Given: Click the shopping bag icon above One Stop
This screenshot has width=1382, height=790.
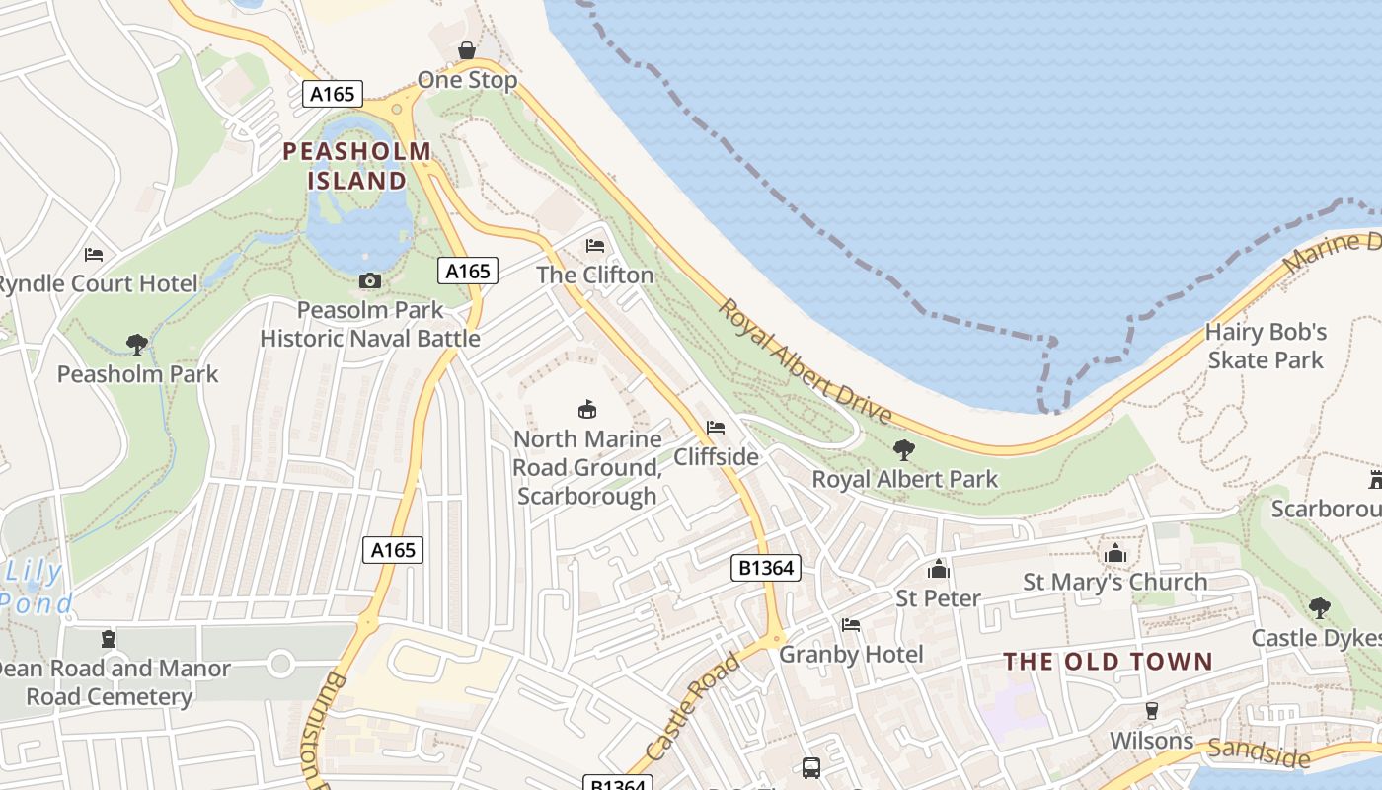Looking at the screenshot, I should (467, 50).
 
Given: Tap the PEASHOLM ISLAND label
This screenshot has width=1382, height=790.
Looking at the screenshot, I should (356, 166).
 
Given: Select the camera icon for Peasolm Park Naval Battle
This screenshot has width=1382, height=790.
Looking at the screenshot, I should (370, 281).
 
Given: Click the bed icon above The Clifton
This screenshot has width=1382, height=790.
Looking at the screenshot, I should (595, 245).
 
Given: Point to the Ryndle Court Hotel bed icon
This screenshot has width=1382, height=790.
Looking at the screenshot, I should (94, 255).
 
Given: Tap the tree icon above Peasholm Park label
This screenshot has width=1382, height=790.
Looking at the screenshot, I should (137, 345).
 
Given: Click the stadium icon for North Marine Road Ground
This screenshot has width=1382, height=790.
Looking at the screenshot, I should (587, 409).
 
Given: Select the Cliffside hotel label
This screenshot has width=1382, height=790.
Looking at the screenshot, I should (716, 456).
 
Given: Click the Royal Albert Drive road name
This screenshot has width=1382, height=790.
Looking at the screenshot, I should (804, 362).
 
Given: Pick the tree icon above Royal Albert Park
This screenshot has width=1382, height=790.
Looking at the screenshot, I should (903, 450).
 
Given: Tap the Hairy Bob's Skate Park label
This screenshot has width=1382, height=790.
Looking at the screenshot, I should (1266, 346).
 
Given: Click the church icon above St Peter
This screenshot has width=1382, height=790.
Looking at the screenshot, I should (938, 570).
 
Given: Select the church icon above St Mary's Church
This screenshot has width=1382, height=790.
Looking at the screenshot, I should (1115, 553).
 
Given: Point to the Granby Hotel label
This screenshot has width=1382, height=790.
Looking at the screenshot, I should (851, 654).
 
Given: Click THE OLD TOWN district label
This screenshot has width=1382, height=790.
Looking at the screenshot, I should (1108, 662).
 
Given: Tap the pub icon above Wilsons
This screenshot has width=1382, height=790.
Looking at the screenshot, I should (1151, 711).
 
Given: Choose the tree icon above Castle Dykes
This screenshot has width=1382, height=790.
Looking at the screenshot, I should (1319, 608).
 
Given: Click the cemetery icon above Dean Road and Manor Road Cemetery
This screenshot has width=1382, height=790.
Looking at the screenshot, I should (109, 639).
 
